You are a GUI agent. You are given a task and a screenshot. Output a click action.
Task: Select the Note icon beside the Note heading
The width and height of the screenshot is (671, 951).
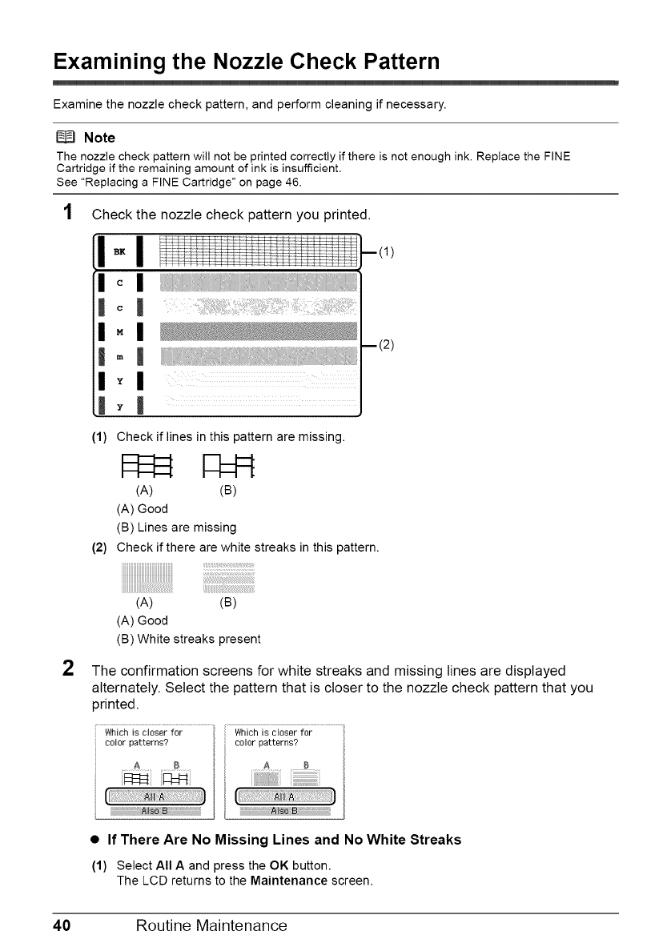point(65,137)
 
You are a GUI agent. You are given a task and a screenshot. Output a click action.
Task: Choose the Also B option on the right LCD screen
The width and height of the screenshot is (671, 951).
point(284,809)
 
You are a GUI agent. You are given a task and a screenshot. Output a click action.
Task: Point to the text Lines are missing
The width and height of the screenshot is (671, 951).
point(176,528)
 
